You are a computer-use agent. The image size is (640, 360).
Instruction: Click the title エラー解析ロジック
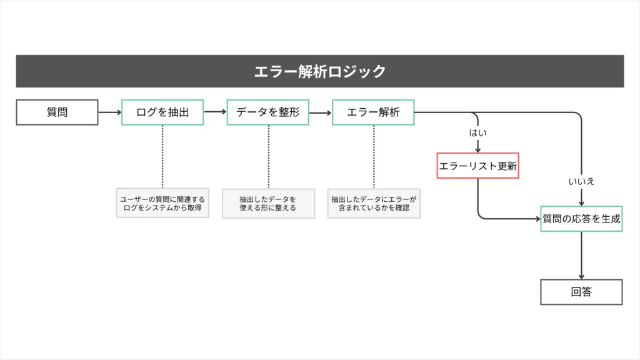(x=319, y=71)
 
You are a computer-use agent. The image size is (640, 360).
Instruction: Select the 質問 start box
(x=57, y=112)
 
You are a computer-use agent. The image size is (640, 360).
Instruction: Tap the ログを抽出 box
(x=162, y=112)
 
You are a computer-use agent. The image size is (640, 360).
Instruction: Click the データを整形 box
(x=267, y=112)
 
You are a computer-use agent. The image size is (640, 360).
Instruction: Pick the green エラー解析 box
(x=373, y=112)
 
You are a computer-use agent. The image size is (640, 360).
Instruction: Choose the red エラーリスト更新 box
(x=477, y=166)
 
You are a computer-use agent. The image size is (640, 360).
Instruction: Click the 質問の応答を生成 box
(x=581, y=219)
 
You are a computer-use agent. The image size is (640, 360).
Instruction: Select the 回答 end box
(x=581, y=292)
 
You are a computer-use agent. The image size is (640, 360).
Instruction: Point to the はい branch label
(x=477, y=133)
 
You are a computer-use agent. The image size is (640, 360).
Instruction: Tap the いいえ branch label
(x=581, y=181)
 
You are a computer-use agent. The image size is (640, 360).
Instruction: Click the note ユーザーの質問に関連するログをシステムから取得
(x=162, y=203)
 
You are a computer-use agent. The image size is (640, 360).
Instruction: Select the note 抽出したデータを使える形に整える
(x=267, y=203)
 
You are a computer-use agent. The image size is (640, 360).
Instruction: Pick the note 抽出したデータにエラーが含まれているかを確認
(x=374, y=203)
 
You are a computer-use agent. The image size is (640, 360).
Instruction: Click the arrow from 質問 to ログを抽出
(x=109, y=112)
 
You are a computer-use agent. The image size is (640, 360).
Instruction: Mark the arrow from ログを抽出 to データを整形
(x=215, y=112)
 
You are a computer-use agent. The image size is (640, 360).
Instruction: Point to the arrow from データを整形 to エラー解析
(x=320, y=113)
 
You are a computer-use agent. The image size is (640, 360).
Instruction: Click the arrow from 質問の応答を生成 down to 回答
(x=582, y=255)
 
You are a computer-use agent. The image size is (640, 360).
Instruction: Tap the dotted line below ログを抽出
(x=162, y=156)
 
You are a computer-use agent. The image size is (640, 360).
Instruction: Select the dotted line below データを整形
(x=268, y=156)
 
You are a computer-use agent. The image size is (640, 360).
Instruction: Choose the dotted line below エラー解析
(x=374, y=156)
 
